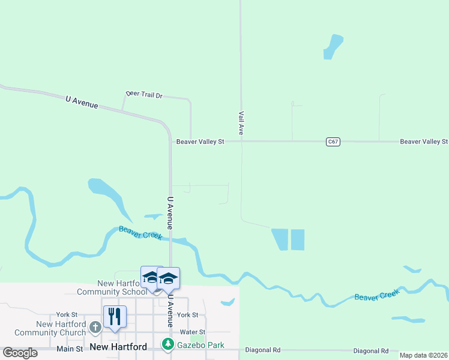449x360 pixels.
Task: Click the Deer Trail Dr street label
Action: [144, 95]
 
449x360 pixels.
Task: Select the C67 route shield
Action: [334, 142]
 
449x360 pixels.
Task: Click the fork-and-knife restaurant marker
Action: [115, 316]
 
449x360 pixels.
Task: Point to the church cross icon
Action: [95, 327]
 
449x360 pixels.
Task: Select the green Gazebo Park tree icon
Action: [168, 344]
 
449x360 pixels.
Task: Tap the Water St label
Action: [193, 332]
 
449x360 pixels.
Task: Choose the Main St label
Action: [70, 349]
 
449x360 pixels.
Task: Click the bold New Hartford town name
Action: [118, 347]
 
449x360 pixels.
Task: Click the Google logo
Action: [20, 353]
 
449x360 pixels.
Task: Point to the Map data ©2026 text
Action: [423, 355]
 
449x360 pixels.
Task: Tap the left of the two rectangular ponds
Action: [280, 239]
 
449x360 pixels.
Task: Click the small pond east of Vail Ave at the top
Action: [332, 47]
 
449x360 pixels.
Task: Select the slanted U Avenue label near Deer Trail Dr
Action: [82, 103]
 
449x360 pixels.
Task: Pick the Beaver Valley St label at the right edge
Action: [424, 142]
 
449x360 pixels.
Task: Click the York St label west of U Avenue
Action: [67, 314]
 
